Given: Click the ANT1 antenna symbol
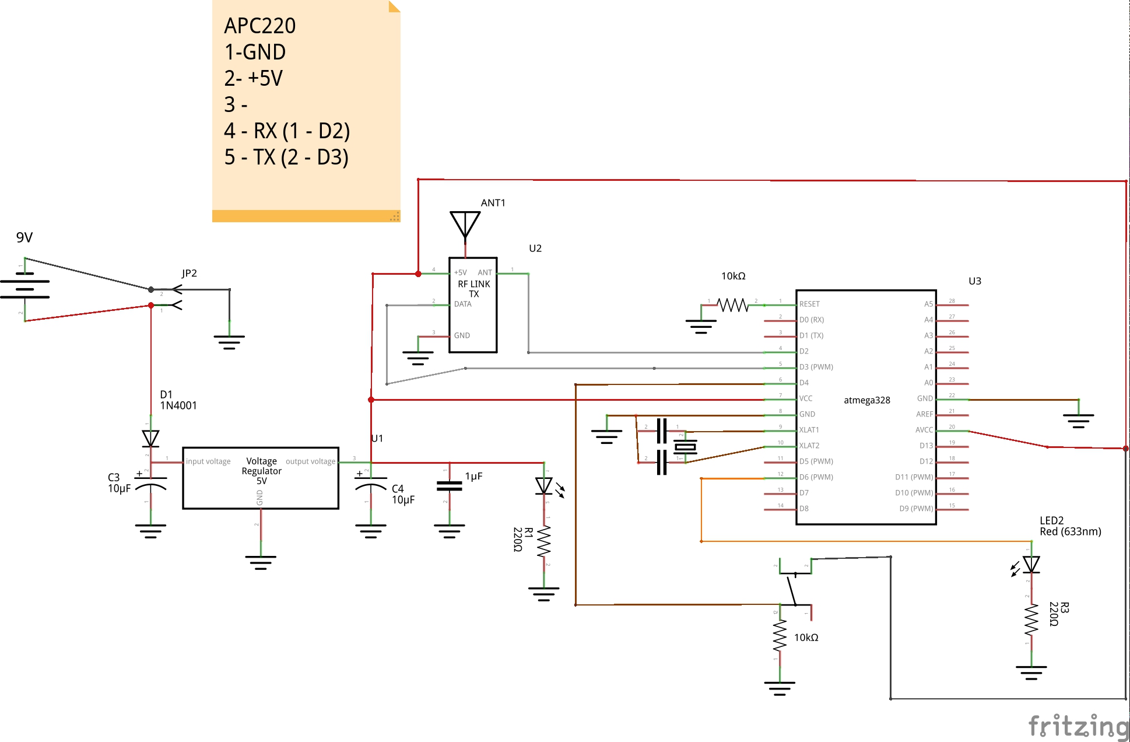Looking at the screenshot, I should [x=465, y=225].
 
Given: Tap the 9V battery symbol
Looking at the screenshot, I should [x=24, y=289].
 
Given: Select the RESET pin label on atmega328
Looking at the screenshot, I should [x=809, y=304].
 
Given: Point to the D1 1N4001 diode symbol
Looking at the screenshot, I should [x=150, y=438].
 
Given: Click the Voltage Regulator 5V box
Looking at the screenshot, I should [x=261, y=478].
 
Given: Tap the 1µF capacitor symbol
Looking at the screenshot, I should [x=449, y=485].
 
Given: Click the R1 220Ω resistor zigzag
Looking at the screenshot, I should [x=544, y=541].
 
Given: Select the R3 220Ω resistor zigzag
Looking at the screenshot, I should [x=1031, y=619].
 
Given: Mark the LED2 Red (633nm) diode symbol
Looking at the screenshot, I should [x=1031, y=564].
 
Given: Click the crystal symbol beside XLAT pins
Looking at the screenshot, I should [x=685, y=447].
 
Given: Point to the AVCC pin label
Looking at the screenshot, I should [x=924, y=430].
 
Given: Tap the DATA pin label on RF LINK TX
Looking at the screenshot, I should [x=463, y=304].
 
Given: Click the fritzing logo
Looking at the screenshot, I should [x=1078, y=727].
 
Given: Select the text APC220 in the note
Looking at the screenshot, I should [x=260, y=26].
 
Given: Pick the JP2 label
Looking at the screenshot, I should [x=189, y=273].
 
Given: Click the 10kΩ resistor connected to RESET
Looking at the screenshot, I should [x=732, y=304].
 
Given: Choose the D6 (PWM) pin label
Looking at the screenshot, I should [x=816, y=477].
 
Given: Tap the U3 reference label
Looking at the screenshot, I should [x=974, y=281].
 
